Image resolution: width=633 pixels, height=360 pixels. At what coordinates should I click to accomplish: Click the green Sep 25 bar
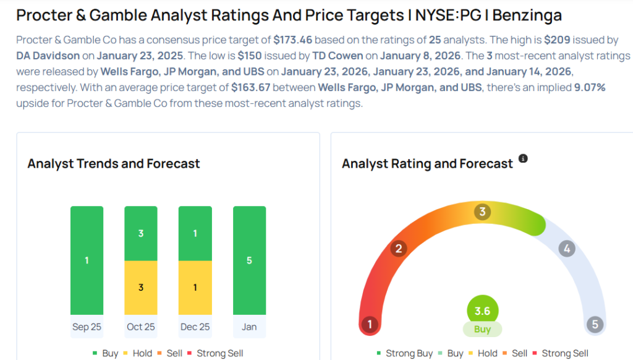pos(87,260)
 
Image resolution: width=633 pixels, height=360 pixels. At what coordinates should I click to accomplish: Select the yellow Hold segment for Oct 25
pos(141,288)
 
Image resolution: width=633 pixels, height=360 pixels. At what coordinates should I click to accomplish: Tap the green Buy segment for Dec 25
pos(195,233)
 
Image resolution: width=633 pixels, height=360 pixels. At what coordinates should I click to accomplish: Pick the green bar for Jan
pos(249,260)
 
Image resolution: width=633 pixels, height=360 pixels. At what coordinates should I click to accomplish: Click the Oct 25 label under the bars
pos(141,327)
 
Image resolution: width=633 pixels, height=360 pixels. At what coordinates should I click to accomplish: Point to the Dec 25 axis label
pos(195,327)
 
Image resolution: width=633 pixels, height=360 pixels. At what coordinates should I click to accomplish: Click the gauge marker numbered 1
pos(370,325)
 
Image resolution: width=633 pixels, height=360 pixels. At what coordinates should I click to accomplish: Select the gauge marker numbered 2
pos(399,249)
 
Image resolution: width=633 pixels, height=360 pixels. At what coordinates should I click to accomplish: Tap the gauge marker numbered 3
pos(482,212)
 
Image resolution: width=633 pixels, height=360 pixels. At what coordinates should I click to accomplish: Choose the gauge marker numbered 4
pos(566,249)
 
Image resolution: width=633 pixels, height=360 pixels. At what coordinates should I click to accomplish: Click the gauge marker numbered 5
pos(595,325)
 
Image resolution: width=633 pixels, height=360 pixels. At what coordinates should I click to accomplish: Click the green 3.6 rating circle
pos(482,311)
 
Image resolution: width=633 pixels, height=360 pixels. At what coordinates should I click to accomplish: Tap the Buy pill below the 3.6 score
pos(482,329)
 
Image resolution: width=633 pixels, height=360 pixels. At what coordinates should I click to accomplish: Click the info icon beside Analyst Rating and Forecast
pos(523,159)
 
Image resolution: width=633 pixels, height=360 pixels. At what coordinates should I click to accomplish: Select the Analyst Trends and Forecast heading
pos(114,164)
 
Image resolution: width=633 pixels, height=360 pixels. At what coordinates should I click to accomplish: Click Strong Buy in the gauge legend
pos(409,353)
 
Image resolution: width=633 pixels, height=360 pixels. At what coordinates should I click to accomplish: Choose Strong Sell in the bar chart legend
pos(219,353)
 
